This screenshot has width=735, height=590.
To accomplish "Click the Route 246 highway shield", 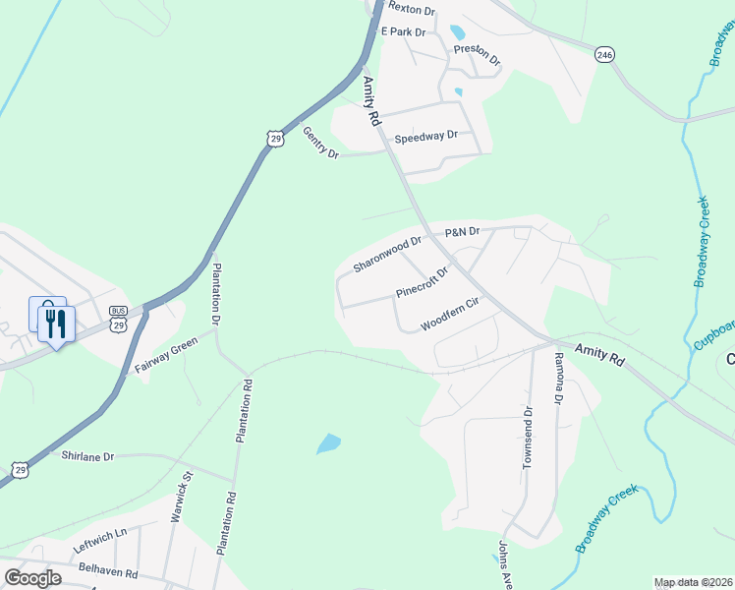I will pyautogui.click(x=603, y=56).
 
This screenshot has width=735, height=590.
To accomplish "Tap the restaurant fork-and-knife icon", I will pyautogui.click(x=56, y=323).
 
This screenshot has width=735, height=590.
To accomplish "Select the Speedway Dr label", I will pyautogui.click(x=426, y=138).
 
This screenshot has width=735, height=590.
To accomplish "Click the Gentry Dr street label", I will pyautogui.click(x=320, y=144).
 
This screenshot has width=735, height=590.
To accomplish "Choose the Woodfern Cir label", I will pyautogui.click(x=448, y=315).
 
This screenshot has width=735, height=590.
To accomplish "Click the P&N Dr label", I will pyautogui.click(x=462, y=232).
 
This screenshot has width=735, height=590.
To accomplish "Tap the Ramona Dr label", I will pyautogui.click(x=558, y=380).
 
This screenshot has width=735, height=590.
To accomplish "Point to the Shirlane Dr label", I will pyautogui.click(x=88, y=456).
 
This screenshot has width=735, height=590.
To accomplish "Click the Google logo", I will pyautogui.click(x=32, y=577).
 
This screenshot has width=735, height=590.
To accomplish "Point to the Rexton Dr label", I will pyautogui.click(x=411, y=10).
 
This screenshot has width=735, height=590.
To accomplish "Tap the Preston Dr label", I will pyautogui.click(x=477, y=55).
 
